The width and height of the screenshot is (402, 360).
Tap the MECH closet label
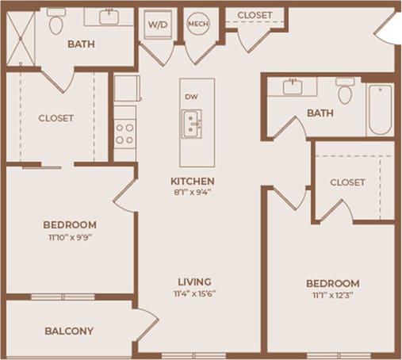[197, 25]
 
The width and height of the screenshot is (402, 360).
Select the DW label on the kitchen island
[190, 97]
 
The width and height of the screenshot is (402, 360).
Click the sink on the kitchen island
[191, 124]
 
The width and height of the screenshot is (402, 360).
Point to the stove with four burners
[124, 133]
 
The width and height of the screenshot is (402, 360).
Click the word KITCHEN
[193, 180]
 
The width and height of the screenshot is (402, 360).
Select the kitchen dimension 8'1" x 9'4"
[193, 191]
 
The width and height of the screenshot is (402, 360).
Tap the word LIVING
[193, 281]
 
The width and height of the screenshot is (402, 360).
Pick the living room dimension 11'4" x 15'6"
[193, 293]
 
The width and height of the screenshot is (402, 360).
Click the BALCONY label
[69, 331]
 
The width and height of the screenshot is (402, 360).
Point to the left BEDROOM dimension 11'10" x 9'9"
[71, 236]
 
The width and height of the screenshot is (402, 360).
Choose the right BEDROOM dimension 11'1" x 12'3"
[332, 295]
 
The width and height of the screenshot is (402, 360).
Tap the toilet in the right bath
[345, 92]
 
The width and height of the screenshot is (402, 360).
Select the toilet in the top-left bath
[56, 24]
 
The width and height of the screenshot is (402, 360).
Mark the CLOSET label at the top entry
[255, 15]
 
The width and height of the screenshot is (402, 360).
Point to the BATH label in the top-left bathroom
[82, 44]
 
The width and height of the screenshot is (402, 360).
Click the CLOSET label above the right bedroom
[347, 182]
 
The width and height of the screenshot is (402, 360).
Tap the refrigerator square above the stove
[124, 88]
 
